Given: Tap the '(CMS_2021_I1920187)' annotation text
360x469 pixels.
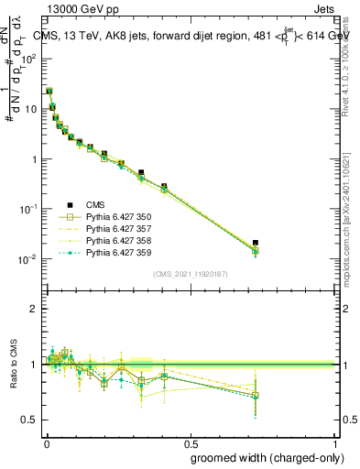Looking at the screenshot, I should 190,274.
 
